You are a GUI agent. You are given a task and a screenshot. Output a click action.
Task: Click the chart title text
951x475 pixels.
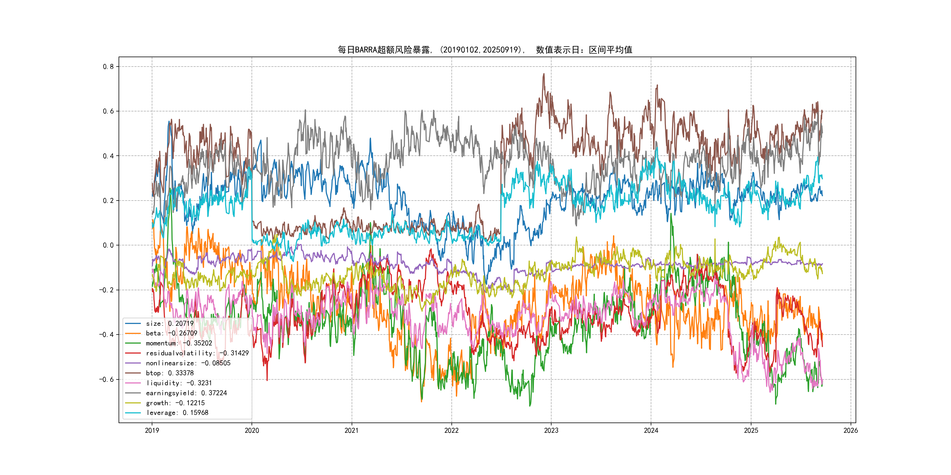click(485, 50)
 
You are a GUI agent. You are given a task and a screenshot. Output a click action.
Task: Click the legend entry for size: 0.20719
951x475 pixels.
click(169, 323)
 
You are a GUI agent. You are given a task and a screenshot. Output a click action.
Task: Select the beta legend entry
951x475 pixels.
click(171, 333)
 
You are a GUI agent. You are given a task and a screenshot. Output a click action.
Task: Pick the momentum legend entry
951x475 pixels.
click(179, 343)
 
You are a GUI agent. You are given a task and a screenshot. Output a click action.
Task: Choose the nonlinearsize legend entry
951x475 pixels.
click(188, 363)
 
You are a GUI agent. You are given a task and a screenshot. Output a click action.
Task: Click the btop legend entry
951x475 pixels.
click(169, 373)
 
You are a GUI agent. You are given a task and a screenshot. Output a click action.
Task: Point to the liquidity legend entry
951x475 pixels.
click(179, 383)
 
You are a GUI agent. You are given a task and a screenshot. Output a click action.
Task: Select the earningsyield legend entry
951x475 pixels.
click(186, 393)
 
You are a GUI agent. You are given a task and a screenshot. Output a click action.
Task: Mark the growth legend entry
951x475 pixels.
click(175, 403)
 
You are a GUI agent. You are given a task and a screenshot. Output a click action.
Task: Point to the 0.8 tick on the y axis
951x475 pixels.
click(108, 67)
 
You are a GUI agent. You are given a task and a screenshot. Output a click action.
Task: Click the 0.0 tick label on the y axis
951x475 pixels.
click(108, 245)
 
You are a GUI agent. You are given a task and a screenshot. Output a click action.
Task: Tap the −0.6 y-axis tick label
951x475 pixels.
click(107, 379)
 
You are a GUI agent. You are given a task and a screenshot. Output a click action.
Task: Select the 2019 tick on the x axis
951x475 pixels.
click(152, 430)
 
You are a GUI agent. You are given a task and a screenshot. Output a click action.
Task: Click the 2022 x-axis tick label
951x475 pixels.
click(451, 430)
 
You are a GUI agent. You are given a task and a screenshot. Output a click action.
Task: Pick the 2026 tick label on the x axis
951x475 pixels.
click(851, 430)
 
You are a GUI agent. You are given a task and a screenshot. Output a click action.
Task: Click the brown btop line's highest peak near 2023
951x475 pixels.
click(543, 74)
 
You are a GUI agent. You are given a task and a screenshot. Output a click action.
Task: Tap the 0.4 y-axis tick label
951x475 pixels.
click(108, 156)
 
